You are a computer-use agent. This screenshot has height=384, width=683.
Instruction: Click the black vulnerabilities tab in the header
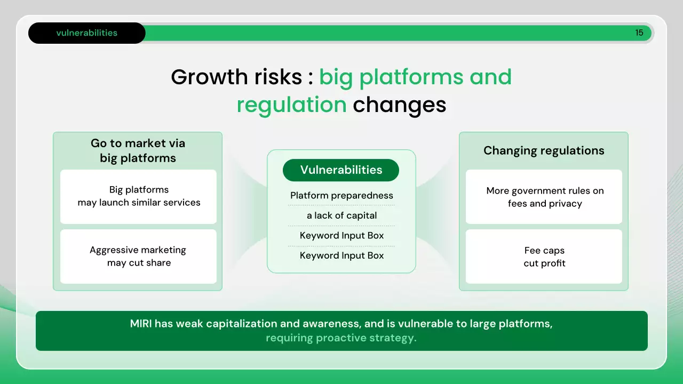point(87,33)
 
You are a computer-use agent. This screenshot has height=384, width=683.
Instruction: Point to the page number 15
point(639,33)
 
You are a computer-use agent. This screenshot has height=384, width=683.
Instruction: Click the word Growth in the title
point(210,77)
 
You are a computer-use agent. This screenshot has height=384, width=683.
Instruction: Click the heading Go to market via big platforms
point(138,150)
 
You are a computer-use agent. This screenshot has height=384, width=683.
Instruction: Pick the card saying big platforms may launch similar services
point(138,197)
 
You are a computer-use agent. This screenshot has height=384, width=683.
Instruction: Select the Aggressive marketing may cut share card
point(138,257)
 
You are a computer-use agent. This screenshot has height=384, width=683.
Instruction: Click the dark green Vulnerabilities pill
point(341,170)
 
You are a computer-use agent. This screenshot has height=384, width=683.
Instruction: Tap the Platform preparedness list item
point(341,195)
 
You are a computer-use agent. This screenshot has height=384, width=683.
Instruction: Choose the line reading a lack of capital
point(341,215)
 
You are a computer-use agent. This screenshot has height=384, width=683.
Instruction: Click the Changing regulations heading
point(544,150)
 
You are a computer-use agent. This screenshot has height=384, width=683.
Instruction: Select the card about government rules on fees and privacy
point(544,197)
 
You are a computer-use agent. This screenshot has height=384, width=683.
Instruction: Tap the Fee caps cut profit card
point(544,257)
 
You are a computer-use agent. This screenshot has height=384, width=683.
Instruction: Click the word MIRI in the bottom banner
point(141,324)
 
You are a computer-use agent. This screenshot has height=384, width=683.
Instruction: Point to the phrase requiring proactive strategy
point(341,338)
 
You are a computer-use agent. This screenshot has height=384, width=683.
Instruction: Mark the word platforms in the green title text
point(411,77)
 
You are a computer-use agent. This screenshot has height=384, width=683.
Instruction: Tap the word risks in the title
point(278,77)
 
